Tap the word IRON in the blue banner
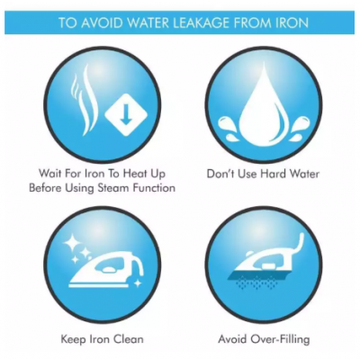292,22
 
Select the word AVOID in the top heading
103,22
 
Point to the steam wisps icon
85,101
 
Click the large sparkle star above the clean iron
69,242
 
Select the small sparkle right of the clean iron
138,283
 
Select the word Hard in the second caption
273,174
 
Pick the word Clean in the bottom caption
127,339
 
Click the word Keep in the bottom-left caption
74,339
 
